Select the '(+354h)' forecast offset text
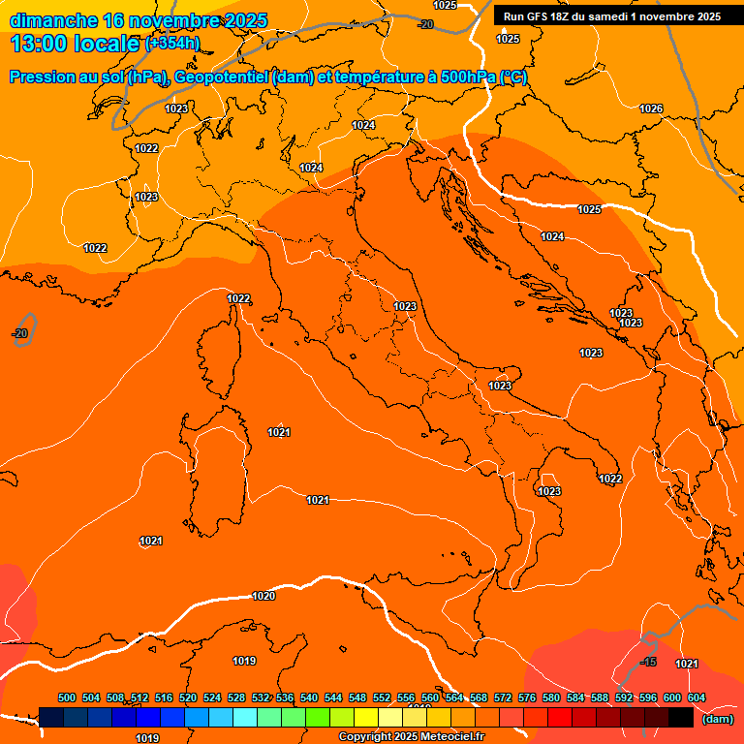coord(172,44)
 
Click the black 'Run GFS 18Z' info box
coord(611,16)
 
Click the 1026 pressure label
coord(651,108)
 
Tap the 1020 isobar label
coord(263,596)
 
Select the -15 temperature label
coord(649,662)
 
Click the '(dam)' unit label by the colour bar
coord(717,719)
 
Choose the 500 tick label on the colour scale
coord(67,697)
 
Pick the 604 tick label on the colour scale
coord(697,697)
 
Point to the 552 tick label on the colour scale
coord(382,697)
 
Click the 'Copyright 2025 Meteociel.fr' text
coord(411,737)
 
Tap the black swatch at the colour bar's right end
coord(681,718)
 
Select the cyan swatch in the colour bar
coord(245,718)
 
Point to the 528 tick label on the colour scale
coord(236,697)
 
